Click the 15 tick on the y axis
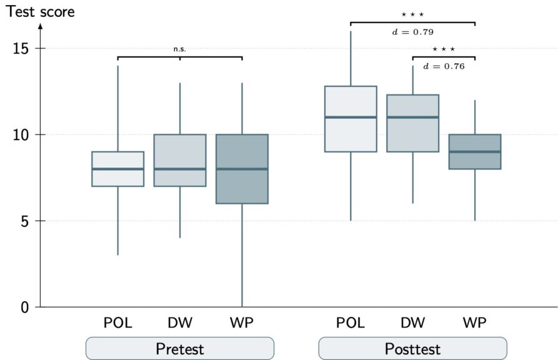point(21,48)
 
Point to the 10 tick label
point(21,134)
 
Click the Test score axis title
point(40,11)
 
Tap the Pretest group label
point(179,348)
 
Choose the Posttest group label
point(412,348)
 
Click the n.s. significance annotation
point(180,49)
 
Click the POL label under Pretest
point(117,322)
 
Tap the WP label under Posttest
point(475,322)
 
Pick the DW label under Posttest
point(412,322)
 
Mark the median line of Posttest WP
point(475,151)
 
